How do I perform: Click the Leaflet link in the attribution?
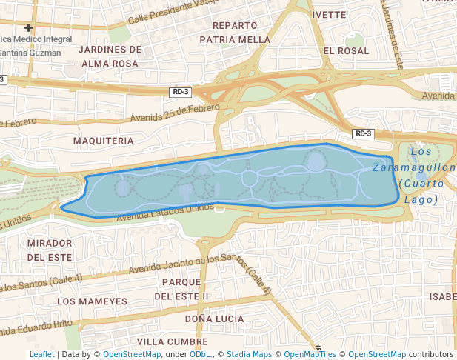tap(41, 355)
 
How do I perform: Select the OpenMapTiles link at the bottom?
tap(311, 355)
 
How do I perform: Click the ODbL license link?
tap(200, 355)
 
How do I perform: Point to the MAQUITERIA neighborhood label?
tap(104, 140)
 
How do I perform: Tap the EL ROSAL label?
tap(346, 51)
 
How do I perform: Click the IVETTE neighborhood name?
tap(330, 14)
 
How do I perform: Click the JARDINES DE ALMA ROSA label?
tap(110, 56)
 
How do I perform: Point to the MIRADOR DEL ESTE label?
tap(50, 250)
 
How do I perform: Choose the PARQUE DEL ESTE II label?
tap(181, 289)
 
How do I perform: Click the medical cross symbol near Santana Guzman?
tap(29, 27)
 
